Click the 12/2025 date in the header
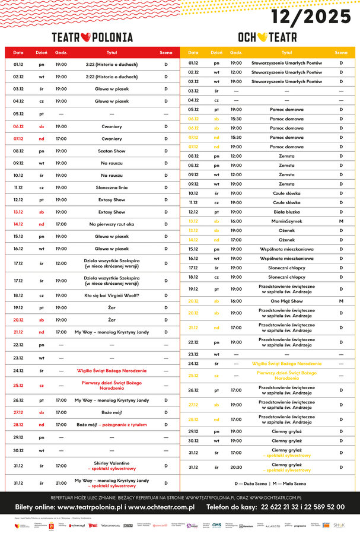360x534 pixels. tap(311, 16)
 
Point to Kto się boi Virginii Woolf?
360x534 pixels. tap(111, 295)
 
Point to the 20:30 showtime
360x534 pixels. tap(236, 468)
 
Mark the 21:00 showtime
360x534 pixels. tap(61, 483)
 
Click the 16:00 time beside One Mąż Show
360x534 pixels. tap(236, 301)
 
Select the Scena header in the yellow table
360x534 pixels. tap(341, 53)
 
